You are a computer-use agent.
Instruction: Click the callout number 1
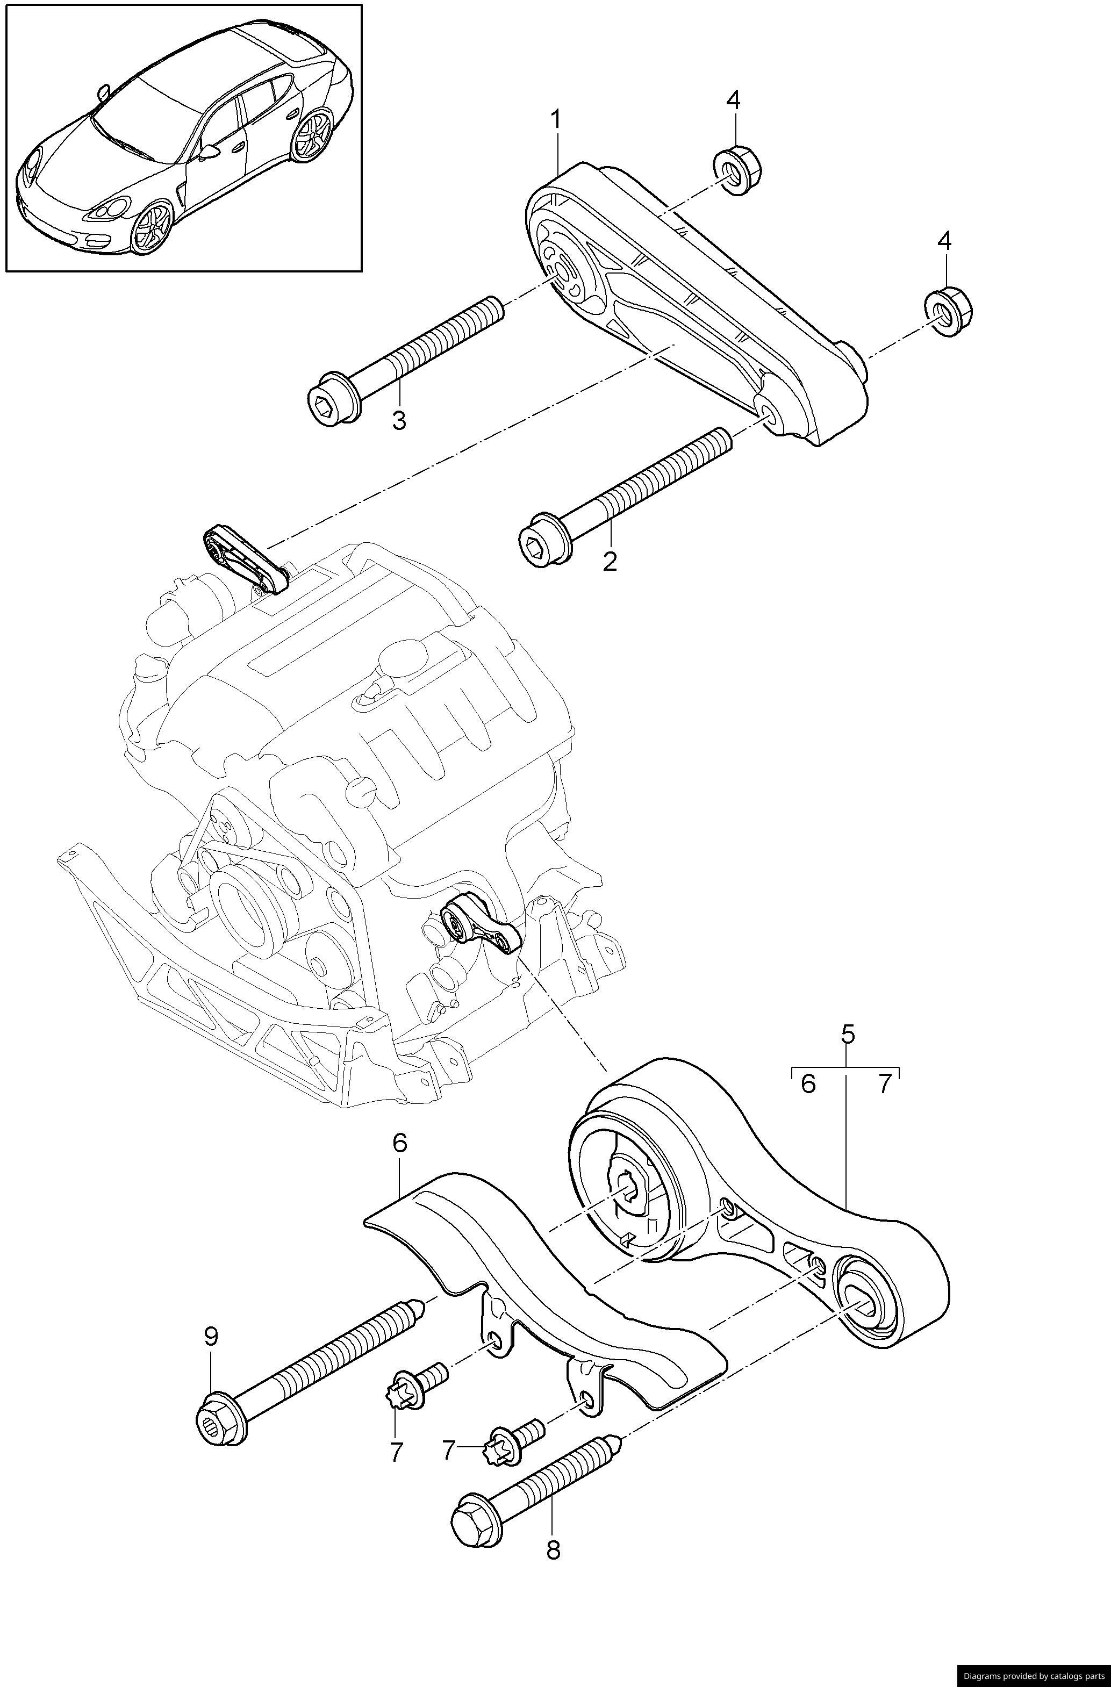[x=556, y=119]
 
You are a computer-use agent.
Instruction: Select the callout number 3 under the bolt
[x=399, y=420]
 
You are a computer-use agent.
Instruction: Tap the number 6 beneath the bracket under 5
[x=808, y=1084]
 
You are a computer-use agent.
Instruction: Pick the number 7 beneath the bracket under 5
[x=884, y=1084]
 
